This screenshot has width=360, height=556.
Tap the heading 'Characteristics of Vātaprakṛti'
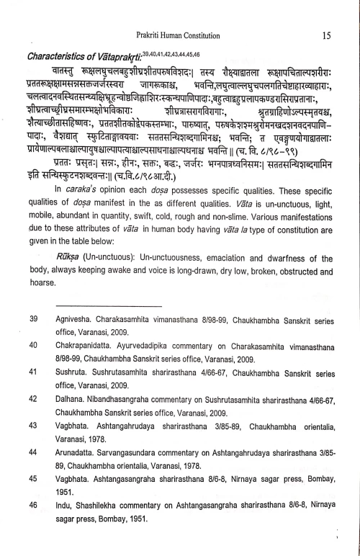pyautogui.click(x=86, y=55)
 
